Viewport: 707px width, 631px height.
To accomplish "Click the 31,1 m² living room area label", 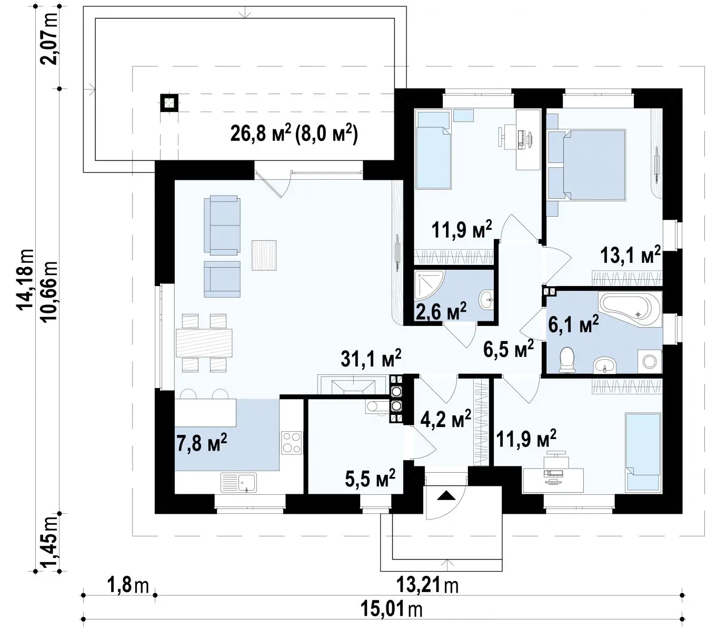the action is coord(371,358).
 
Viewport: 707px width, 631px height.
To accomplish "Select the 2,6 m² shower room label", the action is coord(441,311).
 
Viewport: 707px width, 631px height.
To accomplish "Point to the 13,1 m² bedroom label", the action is coord(630,255).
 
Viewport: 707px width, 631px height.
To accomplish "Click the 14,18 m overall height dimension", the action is coord(26,279).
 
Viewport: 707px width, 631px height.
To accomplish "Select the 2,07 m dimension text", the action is coord(49,39).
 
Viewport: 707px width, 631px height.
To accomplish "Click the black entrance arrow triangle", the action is coord(446,495).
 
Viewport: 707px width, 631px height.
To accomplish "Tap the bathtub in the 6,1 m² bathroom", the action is coord(630,309).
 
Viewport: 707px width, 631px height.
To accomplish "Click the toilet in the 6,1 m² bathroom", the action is coord(567,359).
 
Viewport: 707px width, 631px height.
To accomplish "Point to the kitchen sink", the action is coord(238,483).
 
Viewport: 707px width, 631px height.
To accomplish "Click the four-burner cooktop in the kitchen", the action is coord(292,443).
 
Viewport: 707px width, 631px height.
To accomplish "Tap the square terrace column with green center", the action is coord(169,103).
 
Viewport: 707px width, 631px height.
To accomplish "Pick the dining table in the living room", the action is coord(204,343).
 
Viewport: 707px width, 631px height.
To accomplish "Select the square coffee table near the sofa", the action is coord(264,255).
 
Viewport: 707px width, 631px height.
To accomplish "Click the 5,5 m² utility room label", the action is coord(370,478).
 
